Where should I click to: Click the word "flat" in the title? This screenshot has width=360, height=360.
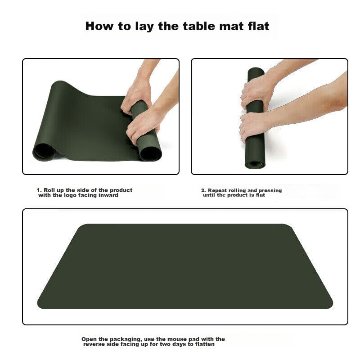(x=258, y=26)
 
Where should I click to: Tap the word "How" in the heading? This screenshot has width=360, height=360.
(x=99, y=26)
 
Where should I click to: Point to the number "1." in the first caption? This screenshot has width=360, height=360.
(x=39, y=190)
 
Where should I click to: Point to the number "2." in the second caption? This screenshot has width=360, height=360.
(x=203, y=190)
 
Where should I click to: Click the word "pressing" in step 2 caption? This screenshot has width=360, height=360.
(x=270, y=190)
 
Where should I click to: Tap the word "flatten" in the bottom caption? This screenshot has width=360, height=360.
(x=205, y=344)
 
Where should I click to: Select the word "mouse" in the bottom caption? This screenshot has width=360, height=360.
(x=175, y=339)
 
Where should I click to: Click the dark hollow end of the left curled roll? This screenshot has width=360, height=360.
(x=44, y=152)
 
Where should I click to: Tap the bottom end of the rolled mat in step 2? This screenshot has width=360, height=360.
(x=255, y=164)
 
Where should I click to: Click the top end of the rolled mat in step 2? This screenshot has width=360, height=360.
(x=255, y=71)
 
